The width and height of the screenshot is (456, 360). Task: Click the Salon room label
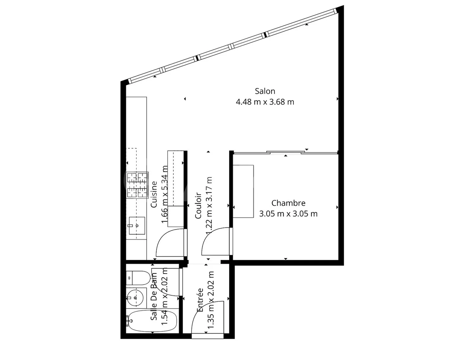tap(265, 91)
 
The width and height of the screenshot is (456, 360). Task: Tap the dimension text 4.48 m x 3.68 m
tap(265, 102)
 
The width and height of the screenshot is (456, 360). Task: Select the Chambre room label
tap(288, 203)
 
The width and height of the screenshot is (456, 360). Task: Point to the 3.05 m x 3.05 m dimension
tap(288, 214)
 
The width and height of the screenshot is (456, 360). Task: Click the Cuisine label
tap(154, 194)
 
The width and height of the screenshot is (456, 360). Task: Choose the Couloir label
tap(198, 206)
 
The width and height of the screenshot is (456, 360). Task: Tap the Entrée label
tap(200, 300)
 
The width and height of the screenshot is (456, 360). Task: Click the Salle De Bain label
tap(154, 297)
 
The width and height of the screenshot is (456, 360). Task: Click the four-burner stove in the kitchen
tap(137, 185)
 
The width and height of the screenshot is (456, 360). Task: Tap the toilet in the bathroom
tap(139, 278)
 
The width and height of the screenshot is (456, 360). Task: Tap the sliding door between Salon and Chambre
tap(285, 153)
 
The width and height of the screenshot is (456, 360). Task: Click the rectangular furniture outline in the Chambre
tap(243, 191)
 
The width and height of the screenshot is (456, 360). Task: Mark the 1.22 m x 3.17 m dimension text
tap(209, 206)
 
